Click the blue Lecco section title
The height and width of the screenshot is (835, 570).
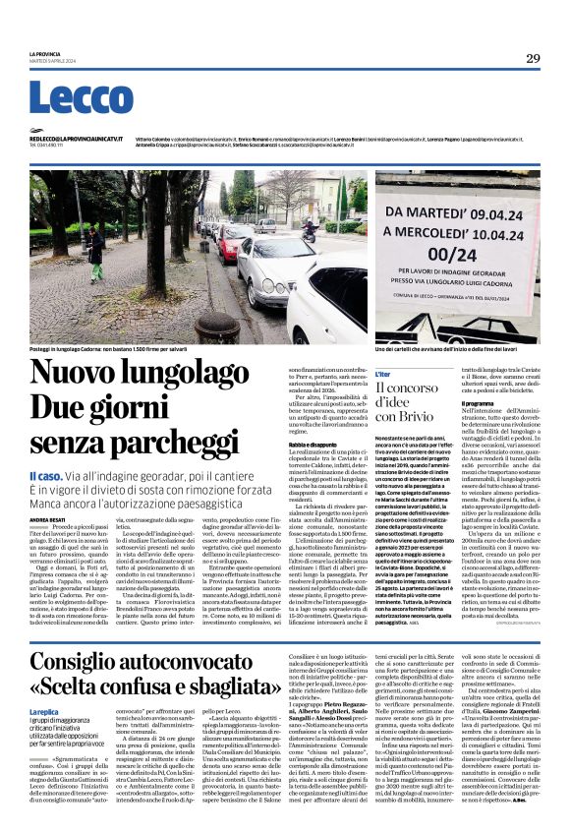tap(68, 99)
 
